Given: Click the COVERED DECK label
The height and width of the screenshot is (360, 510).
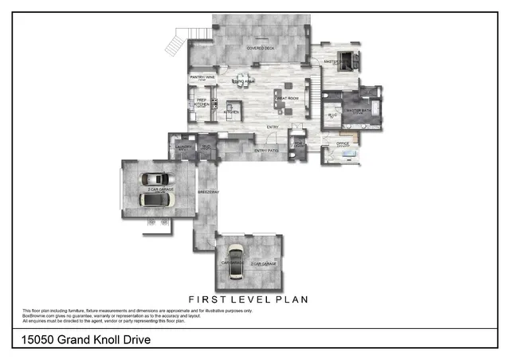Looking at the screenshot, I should click(261, 48).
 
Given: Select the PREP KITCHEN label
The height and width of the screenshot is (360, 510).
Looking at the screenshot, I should click(202, 103).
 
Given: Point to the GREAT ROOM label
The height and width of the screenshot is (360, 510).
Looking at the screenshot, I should click(287, 98).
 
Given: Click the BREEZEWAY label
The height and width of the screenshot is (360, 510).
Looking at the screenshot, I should click(208, 192).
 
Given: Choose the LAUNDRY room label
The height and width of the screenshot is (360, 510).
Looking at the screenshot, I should click(180, 147).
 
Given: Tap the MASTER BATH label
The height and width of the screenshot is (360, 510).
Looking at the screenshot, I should click(356, 111).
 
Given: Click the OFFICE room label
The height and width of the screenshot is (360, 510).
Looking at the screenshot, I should click(343, 143).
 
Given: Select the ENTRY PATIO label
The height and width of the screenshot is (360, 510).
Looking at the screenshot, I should click(266, 151).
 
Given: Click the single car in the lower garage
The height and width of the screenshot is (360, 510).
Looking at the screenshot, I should click(235, 262).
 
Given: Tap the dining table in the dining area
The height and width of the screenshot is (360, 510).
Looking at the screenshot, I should click(244, 80).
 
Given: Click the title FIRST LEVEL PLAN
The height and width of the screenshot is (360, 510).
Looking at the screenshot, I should click(255, 299).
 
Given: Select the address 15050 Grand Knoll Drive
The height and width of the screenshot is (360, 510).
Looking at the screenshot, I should click(83, 341).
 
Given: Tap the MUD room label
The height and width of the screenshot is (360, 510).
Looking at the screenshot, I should click(206, 147).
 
